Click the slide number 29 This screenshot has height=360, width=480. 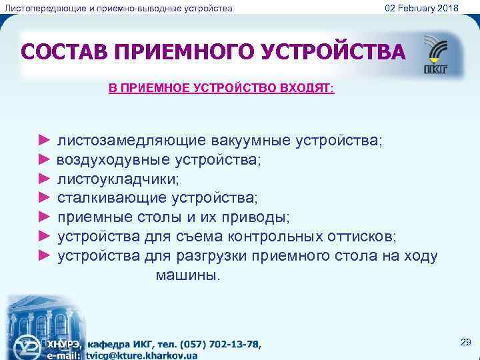[465, 342]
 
